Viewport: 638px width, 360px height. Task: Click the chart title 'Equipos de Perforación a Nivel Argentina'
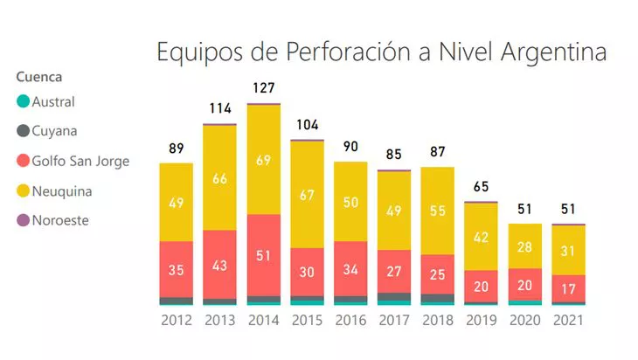point(381,52)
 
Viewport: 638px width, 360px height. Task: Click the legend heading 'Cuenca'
point(39,77)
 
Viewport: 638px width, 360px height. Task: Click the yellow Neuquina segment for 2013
point(220,178)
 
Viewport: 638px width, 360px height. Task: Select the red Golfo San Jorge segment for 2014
point(264,254)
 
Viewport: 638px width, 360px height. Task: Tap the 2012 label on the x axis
point(177,321)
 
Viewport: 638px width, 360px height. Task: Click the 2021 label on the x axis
point(568,321)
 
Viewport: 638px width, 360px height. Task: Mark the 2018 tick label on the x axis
point(438,321)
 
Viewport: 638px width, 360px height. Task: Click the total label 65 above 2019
point(482,186)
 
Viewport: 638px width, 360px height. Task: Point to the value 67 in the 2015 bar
point(308,194)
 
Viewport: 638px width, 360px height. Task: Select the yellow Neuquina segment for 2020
point(524,246)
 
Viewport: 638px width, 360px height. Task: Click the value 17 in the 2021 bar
point(568,288)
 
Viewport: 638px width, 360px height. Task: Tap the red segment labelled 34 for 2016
point(350,269)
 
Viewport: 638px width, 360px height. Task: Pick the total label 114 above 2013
point(220,108)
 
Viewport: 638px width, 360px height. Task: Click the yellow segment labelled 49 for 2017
point(394,211)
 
